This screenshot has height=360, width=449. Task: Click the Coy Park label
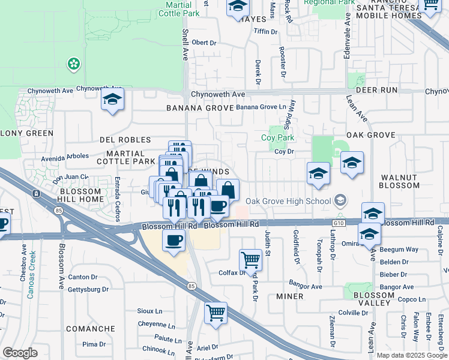278,137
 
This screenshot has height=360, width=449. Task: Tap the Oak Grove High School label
288,201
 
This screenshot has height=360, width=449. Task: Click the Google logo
20,353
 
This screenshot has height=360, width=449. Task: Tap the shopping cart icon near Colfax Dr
250,260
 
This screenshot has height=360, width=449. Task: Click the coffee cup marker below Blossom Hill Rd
174,241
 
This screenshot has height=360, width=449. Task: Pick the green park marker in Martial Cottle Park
74,63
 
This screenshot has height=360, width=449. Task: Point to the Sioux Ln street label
151,311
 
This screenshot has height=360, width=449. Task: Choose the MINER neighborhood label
289,296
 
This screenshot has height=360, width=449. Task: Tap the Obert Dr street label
203,43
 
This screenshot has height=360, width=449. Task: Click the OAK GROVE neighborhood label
370,136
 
